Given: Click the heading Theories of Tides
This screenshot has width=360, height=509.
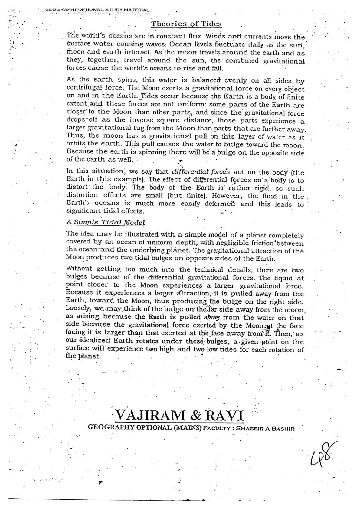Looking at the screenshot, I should click(x=186, y=24).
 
